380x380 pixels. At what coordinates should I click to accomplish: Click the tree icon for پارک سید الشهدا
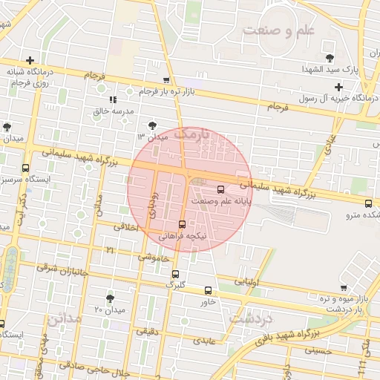[330, 58]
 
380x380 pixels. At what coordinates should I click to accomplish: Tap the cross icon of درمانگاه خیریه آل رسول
[340, 87]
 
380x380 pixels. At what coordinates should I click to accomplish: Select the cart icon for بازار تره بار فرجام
[166, 80]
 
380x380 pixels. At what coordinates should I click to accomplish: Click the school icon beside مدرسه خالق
[113, 99]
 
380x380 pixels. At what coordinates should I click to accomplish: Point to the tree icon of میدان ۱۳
[153, 125]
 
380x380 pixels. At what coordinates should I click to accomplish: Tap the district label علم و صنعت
[278, 31]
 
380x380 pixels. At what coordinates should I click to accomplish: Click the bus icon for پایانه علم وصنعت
[220, 189]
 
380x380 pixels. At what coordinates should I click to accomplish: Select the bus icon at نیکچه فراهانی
[182, 223]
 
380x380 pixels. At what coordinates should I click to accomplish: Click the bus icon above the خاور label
[207, 290]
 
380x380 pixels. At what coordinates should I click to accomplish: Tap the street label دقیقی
[147, 332]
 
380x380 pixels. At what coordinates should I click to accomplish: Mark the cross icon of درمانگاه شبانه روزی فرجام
[29, 61]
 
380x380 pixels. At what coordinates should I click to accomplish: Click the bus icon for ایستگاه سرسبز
[27, 168]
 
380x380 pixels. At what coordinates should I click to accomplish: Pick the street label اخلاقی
[126, 229]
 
